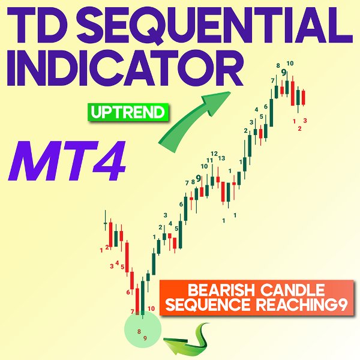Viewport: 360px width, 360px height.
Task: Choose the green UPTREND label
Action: coord(128,112)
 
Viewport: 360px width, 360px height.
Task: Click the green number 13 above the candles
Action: coord(221,158)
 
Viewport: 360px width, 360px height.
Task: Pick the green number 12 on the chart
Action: coord(214,154)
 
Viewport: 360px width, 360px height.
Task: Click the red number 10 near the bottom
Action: coord(151,308)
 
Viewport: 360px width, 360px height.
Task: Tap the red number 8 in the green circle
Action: coord(139,331)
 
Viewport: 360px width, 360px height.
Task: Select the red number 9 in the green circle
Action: coord(145,338)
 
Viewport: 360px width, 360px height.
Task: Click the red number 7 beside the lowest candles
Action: coord(132,311)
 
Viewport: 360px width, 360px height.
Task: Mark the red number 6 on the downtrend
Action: coord(128,292)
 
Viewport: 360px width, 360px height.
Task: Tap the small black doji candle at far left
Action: coord(106,224)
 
